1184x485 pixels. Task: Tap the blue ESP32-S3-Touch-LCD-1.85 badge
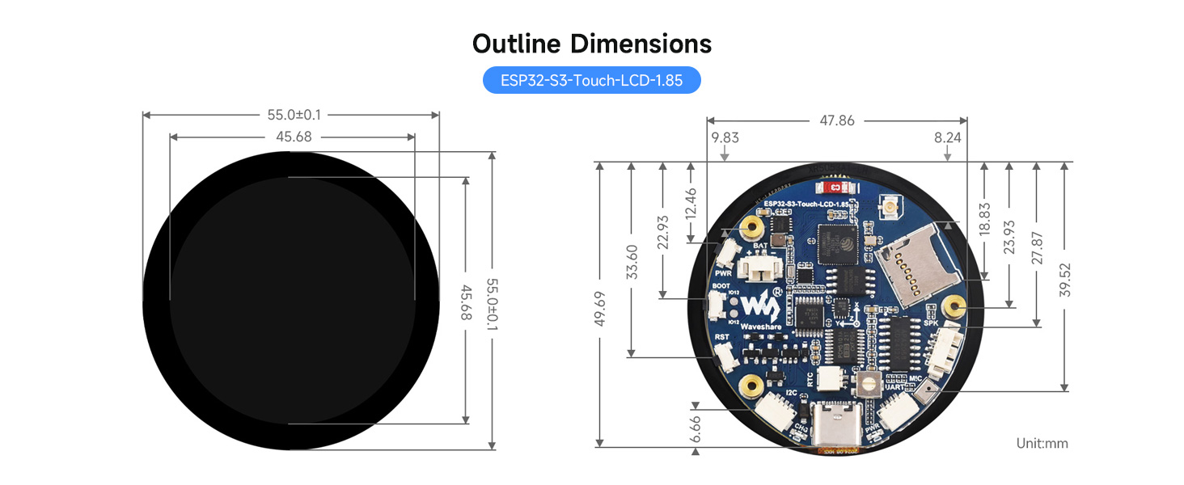(x=591, y=81)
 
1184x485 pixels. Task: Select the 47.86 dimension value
(x=836, y=120)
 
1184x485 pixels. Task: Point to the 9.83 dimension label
(x=725, y=137)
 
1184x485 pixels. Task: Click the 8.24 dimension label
(x=947, y=137)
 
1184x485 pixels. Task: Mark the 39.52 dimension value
(x=1066, y=277)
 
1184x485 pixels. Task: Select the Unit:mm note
(x=1042, y=443)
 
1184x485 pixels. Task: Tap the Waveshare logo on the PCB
(x=759, y=306)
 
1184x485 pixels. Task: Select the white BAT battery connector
(x=761, y=266)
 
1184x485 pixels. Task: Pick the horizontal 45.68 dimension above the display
(x=294, y=137)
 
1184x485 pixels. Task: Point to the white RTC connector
(x=831, y=378)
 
